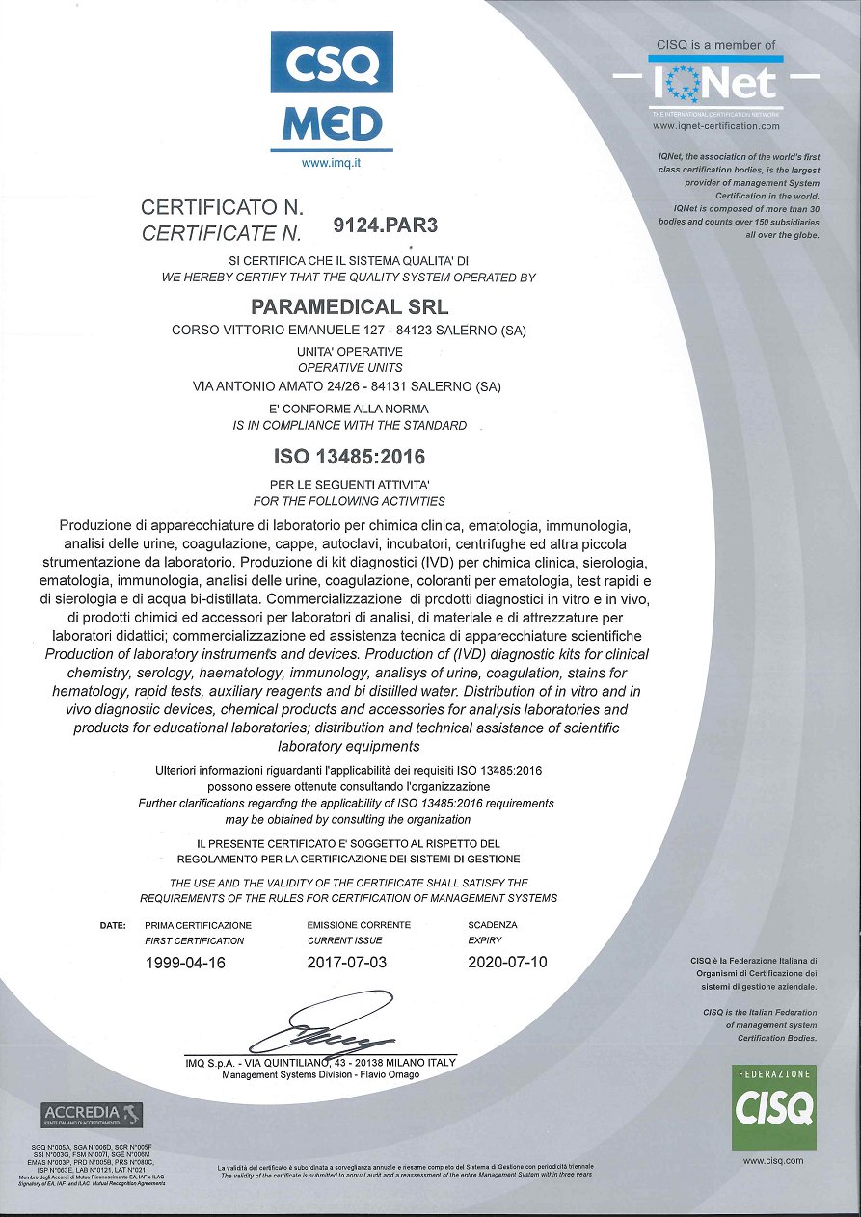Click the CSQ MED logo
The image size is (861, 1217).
(331, 93)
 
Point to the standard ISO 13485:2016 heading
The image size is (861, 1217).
(344, 455)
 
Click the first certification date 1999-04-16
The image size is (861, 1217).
(184, 962)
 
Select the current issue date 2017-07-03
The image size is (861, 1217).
(347, 962)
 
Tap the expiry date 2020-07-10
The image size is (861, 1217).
(507, 962)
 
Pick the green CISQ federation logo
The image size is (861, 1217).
(773, 1107)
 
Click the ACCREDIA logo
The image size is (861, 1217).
(92, 1115)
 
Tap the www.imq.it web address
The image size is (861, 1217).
(331, 163)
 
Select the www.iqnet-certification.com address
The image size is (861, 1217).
(715, 126)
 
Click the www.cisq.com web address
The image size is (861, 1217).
(773, 1161)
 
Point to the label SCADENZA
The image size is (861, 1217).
(493, 925)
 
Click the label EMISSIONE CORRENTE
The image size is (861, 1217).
(359, 925)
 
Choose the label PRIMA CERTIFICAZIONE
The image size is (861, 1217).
(198, 925)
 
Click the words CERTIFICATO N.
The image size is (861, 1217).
(223, 207)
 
